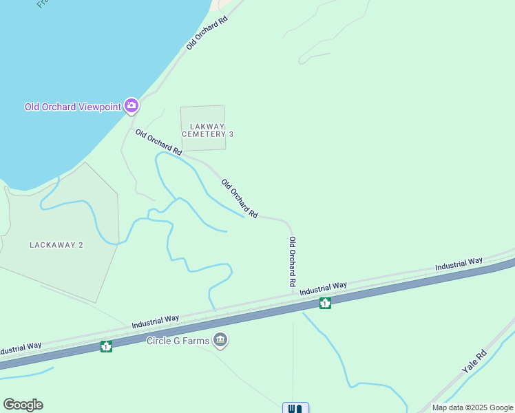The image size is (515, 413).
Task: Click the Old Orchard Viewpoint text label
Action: pyautogui.click(x=73, y=107)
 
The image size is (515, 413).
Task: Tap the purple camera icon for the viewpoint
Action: pyautogui.click(x=132, y=106)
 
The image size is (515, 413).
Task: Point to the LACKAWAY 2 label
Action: pyautogui.click(x=56, y=245)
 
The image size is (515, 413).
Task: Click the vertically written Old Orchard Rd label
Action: pyautogui.click(x=292, y=262)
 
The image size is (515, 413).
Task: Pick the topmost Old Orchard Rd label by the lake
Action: pyautogui.click(x=207, y=33)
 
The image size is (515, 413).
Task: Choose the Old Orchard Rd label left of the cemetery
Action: pyautogui.click(x=158, y=142)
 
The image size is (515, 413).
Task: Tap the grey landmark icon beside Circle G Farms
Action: pyautogui.click(x=220, y=339)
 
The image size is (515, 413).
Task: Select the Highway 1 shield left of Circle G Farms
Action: pyautogui.click(x=106, y=346)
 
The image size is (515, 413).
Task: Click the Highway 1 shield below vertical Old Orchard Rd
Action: pyautogui.click(x=325, y=303)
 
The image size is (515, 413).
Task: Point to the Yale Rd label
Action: pyautogui.click(x=474, y=361)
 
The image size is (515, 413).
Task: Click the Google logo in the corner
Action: pyautogui.click(x=23, y=405)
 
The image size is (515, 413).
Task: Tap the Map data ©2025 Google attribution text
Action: pyautogui.click(x=472, y=407)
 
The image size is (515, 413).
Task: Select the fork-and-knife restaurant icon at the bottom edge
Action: pyautogui.click(x=295, y=408)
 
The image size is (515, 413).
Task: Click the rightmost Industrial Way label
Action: pyautogui.click(x=459, y=264)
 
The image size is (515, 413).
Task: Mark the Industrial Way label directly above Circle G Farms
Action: pyautogui.click(x=156, y=321)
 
